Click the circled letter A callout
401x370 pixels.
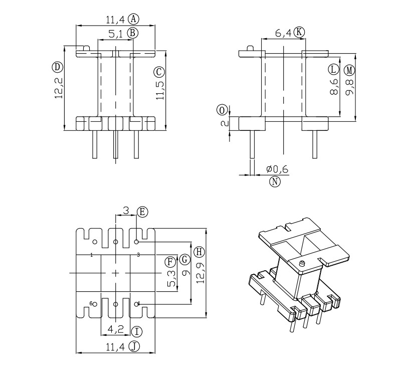pos(133,19)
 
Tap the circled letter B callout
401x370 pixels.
pos(132,33)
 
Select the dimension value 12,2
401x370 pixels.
pos(59,88)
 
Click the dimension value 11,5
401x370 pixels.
pos(160,88)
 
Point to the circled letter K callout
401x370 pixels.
pos(299,32)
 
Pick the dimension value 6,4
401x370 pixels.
pos(283,34)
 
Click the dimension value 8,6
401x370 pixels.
pos(334,86)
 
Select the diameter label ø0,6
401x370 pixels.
pos(277,169)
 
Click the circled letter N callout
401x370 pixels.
pos(275,181)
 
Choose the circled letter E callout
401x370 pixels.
pos(142,212)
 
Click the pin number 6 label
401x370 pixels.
pos(91,303)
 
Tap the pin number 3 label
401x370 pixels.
pos(138,255)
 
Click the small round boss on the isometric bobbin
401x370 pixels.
pos(302,263)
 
